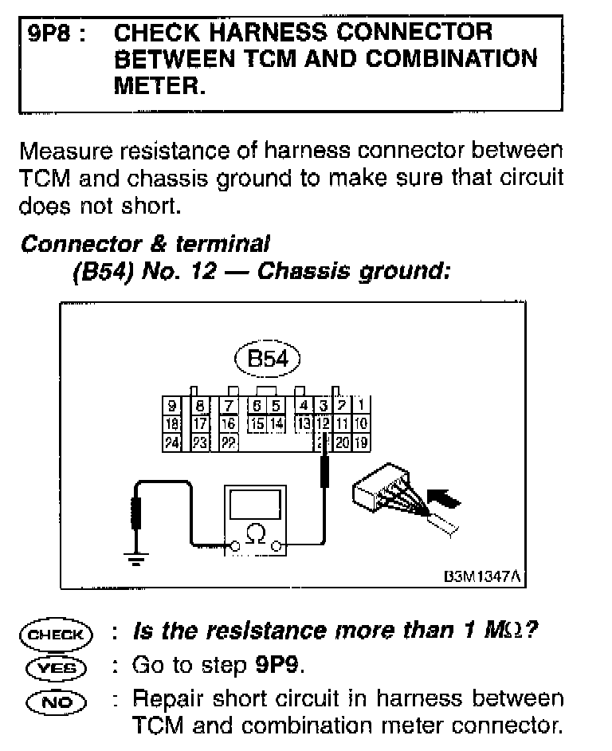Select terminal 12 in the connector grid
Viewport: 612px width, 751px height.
pyautogui.click(x=323, y=423)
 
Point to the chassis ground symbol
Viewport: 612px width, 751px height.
pyautogui.click(x=136, y=556)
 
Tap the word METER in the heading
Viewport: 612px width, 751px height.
pyautogui.click(x=159, y=85)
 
